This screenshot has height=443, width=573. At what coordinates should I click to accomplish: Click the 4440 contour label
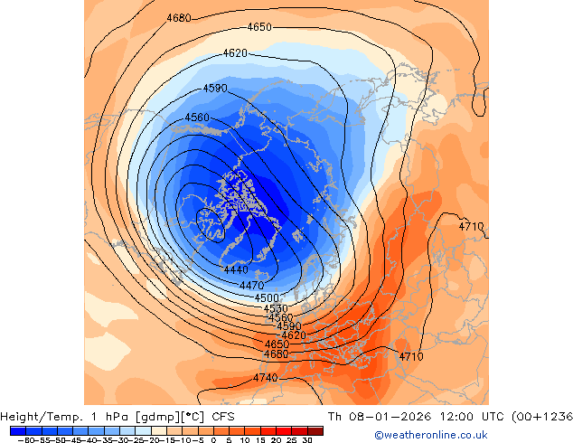236,270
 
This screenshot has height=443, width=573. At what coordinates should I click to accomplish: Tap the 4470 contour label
251,286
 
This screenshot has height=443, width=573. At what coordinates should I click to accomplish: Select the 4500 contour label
267,298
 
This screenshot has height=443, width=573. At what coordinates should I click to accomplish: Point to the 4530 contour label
276,309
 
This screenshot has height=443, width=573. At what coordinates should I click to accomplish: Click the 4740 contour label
266,378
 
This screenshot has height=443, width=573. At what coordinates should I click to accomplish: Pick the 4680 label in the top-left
179,19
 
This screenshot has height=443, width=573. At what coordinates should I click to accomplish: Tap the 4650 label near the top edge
259,27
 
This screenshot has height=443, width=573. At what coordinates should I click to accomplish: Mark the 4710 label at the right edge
472,226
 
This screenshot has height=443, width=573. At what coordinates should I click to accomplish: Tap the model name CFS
224,417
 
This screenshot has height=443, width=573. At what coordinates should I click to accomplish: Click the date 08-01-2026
369,417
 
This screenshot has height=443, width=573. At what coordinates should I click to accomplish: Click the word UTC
477,417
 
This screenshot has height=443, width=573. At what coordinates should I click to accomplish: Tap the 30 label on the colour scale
307,439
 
